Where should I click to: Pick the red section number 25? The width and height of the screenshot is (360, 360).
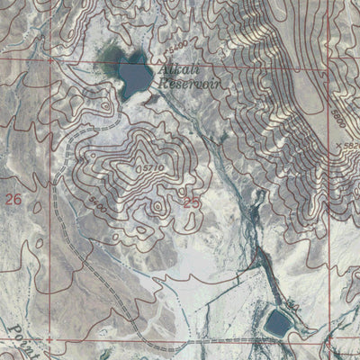coord(192,203)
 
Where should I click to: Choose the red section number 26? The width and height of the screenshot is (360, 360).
coord(13,198)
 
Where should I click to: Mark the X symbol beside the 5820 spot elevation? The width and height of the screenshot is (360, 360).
coord(337,144)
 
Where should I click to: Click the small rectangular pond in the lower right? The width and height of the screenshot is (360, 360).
coord(277,319)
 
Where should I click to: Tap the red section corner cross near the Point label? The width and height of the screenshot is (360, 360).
coord(49,341)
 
